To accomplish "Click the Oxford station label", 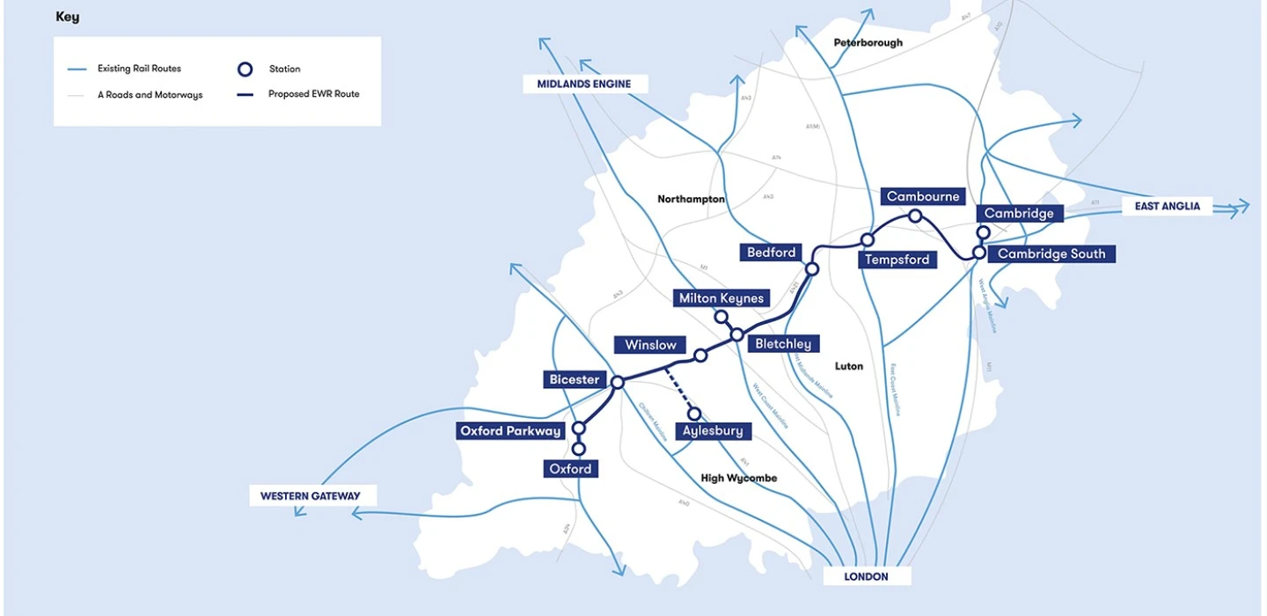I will coord(571,469).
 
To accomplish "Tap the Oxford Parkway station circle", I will coord(579,429).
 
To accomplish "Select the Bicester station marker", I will coord(618,382).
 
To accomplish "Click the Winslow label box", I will coord(651,344).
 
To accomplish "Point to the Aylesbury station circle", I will coord(694,414).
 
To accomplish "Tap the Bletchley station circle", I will coord(736,334).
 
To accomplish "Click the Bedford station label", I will coord(772,253).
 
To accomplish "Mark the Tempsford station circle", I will coord(868,239).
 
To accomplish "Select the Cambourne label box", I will coord(923,196).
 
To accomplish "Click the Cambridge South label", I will coord(1051,253).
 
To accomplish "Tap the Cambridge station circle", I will coord(984,232).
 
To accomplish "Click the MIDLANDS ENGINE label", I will coord(585,84).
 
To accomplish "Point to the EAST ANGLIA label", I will coord(1167,206).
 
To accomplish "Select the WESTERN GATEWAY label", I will coord(310,495).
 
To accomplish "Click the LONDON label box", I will coord(867,576).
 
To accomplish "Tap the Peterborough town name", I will coord(868,42).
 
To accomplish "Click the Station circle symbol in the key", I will coord(245,69).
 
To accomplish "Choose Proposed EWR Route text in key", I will coord(314,94).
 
